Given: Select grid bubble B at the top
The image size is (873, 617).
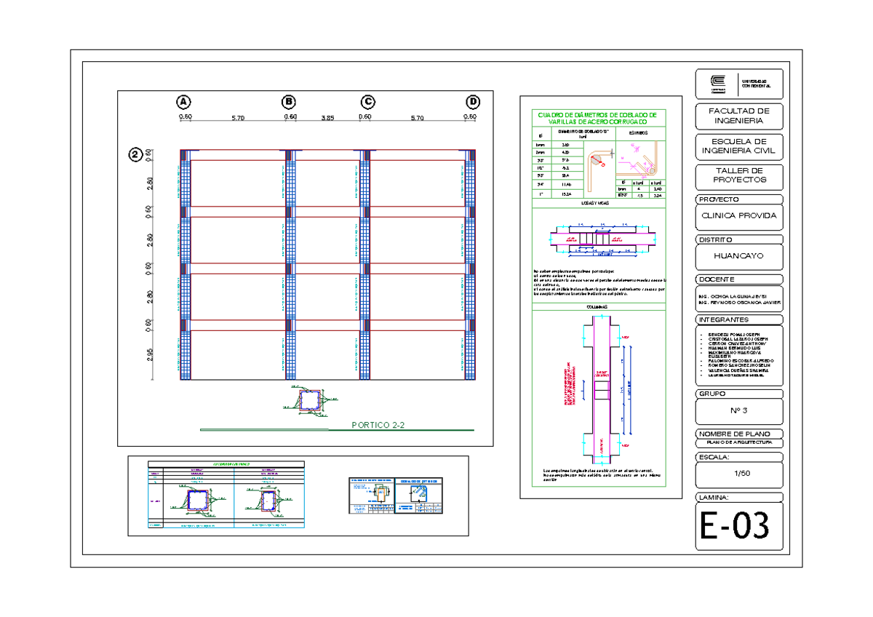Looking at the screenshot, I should [x=290, y=101].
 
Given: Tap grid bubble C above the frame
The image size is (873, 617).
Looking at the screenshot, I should [x=368, y=101].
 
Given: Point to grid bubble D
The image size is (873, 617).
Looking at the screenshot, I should [x=474, y=101].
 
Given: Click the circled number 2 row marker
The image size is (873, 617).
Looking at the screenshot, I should [x=135, y=154].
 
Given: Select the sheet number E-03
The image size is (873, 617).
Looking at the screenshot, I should [x=734, y=526].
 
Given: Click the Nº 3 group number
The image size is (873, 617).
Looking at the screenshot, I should [x=738, y=410].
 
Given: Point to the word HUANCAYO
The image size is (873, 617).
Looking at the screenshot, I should [x=738, y=257].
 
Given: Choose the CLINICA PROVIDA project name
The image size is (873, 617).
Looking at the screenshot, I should [x=738, y=216].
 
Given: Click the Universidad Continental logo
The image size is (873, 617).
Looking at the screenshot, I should [x=717, y=84].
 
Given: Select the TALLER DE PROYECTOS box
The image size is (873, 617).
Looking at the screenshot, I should [x=738, y=175].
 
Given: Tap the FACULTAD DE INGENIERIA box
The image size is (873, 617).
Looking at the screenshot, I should [x=738, y=115].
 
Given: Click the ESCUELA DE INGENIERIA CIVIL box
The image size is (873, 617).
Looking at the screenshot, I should [x=738, y=147].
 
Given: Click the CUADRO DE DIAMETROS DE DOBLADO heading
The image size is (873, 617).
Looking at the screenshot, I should [x=596, y=119].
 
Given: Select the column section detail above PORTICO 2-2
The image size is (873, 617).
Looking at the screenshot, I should [x=311, y=401].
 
